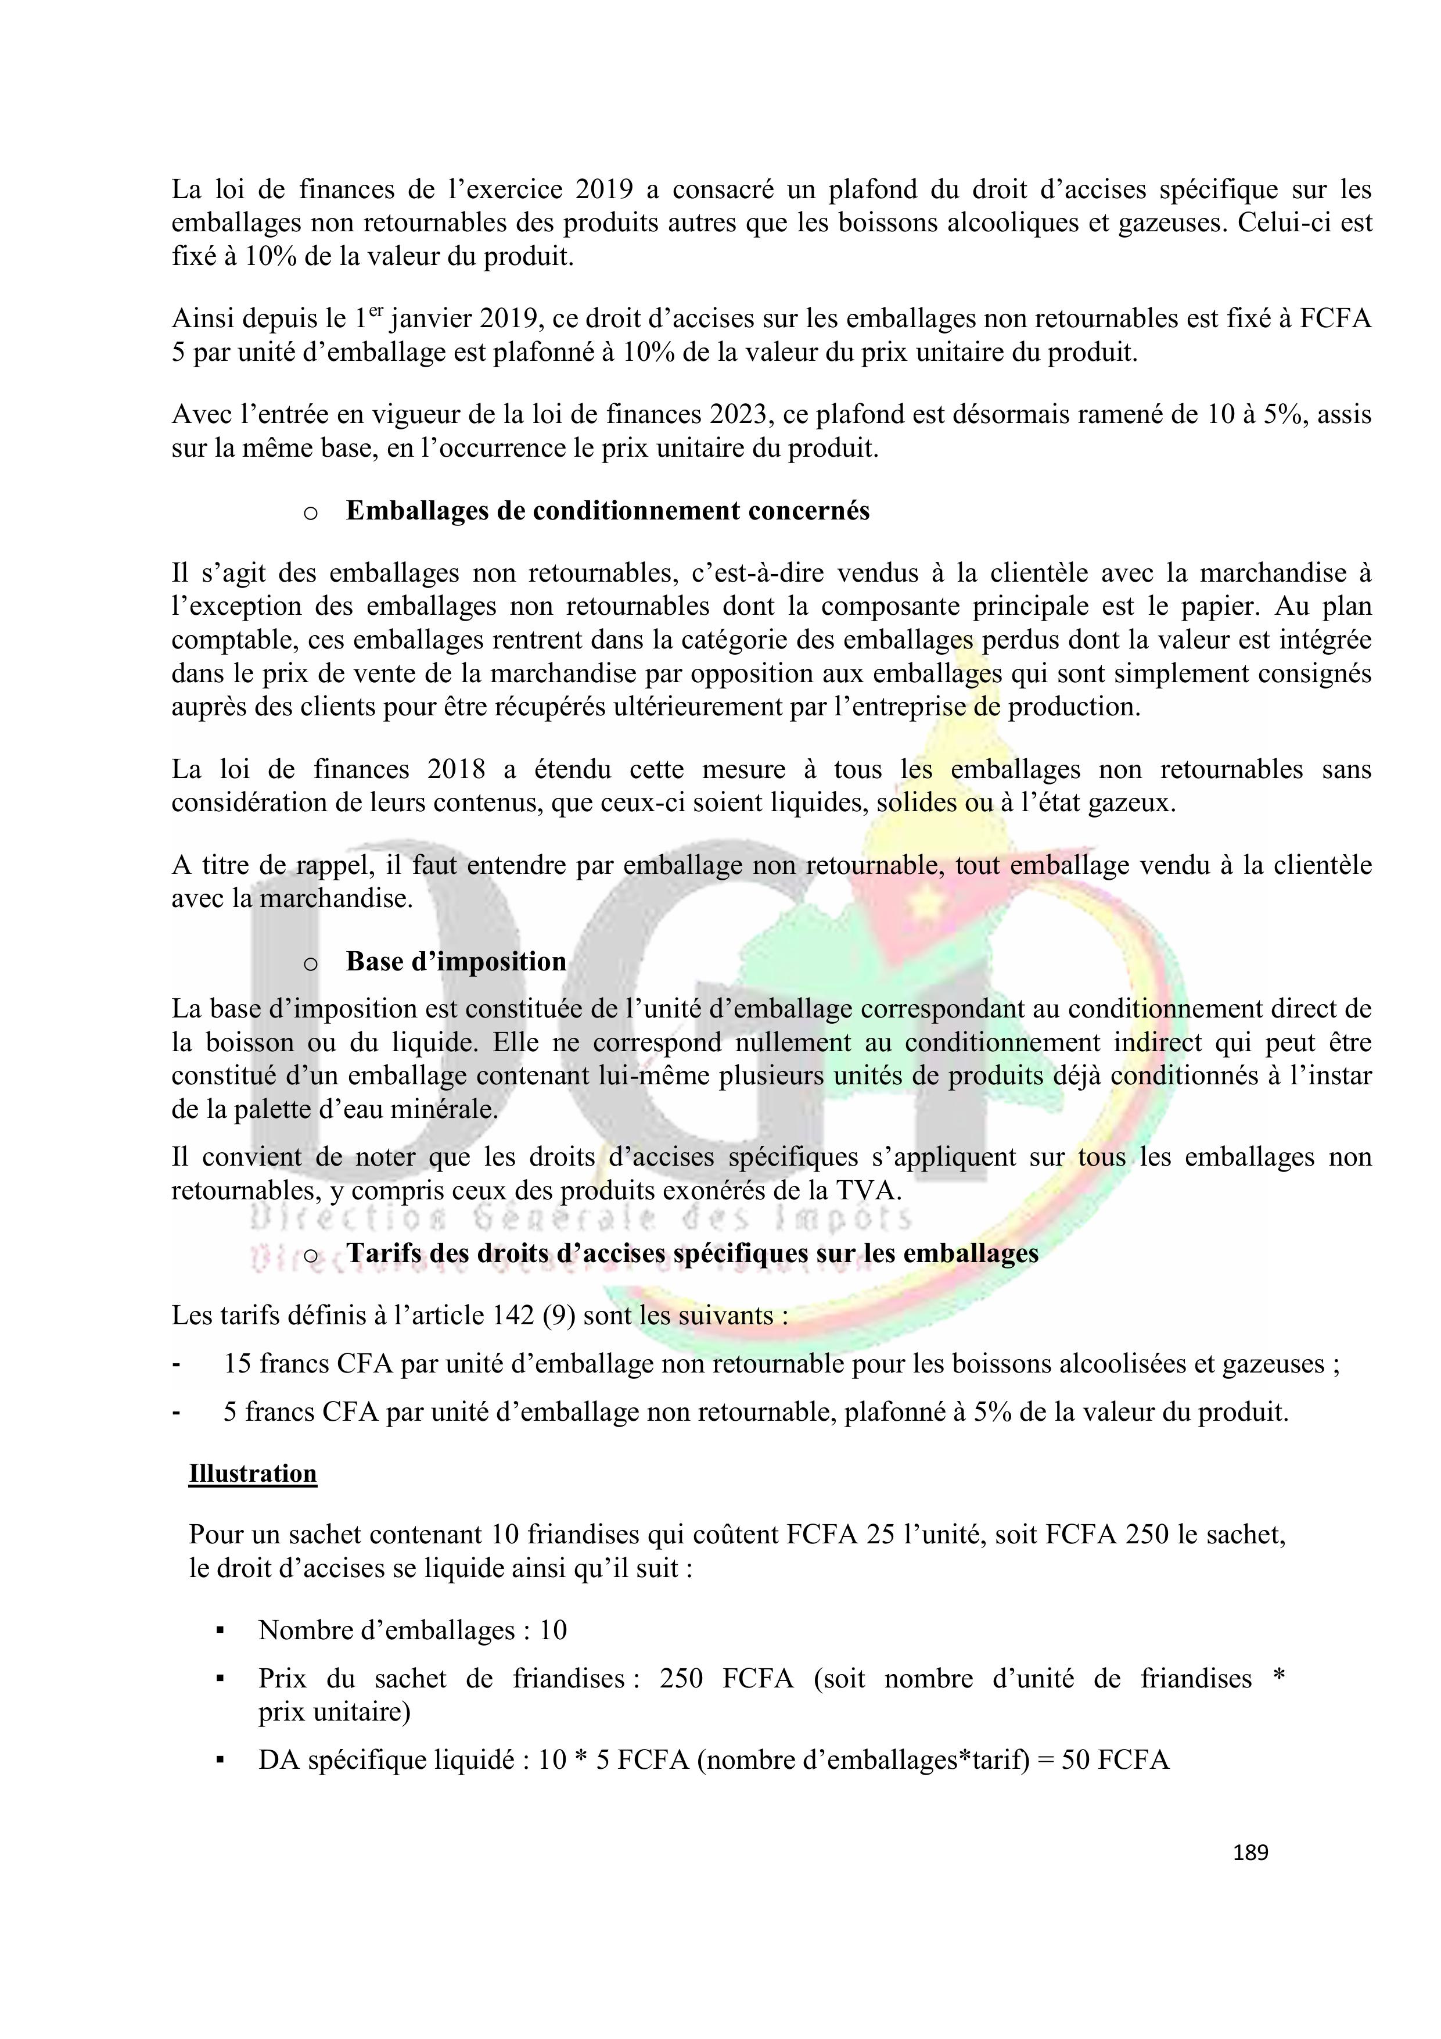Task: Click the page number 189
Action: click(x=1250, y=1852)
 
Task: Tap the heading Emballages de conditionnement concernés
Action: click(x=608, y=511)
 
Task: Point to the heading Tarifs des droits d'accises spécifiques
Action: click(x=692, y=1253)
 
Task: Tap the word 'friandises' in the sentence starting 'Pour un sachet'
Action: click(x=583, y=1533)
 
